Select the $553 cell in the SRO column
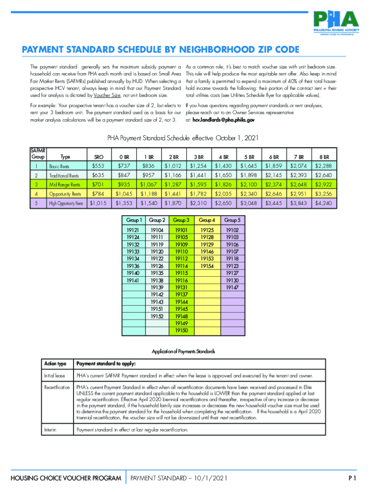(x=99, y=166)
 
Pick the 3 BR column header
(x=198, y=157)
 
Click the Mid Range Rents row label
(x=65, y=184)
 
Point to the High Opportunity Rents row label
(x=66, y=203)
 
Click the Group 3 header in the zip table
(x=181, y=220)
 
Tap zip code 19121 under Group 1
(x=133, y=230)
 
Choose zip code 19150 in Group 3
(x=181, y=331)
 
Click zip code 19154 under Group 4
(x=207, y=266)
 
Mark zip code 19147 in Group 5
(x=232, y=287)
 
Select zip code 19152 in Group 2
(x=157, y=316)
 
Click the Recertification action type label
(x=57, y=387)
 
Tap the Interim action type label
(x=50, y=430)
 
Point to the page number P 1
(x=352, y=478)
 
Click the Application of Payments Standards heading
(x=183, y=351)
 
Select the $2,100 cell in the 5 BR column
(x=248, y=184)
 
